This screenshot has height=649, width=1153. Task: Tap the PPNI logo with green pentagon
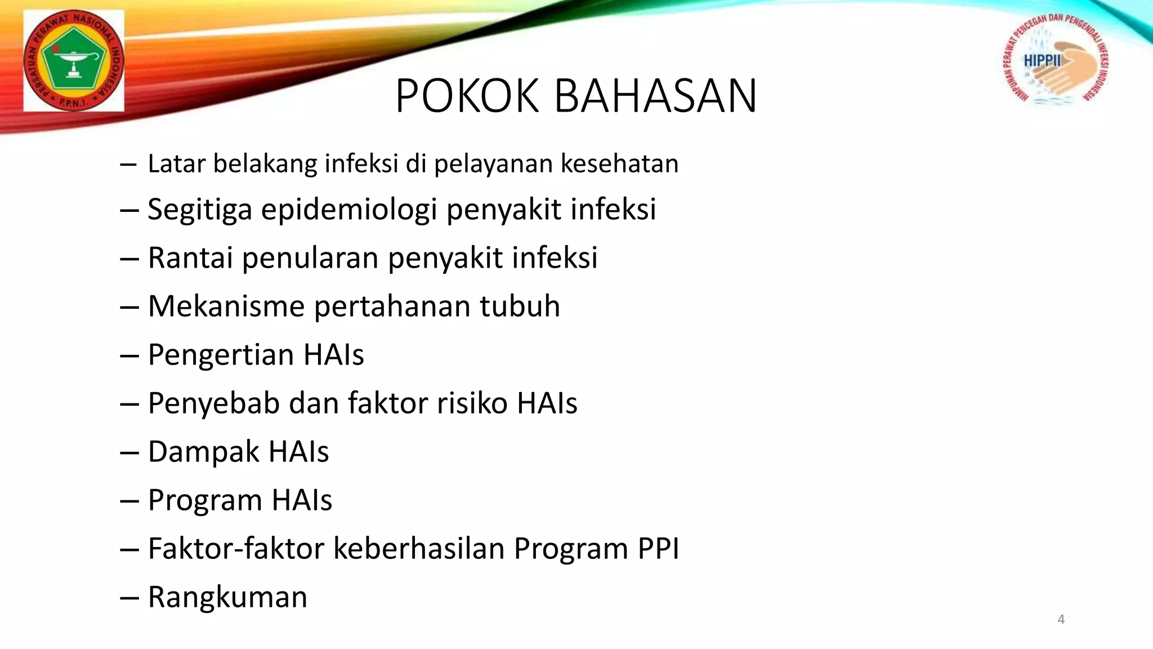pos(74,61)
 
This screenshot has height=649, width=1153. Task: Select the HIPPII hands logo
pos(1056,60)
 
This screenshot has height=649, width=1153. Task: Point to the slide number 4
pos(1061,619)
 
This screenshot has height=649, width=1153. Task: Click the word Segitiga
pos(200,210)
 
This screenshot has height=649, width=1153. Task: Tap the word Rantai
pos(190,257)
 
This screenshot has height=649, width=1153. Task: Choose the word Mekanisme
pos(226,306)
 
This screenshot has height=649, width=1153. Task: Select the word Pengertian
pos(221,355)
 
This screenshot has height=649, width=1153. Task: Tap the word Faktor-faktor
pos(236,548)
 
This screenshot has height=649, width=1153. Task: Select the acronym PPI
pos(658,548)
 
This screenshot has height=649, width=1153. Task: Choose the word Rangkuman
pos(227,597)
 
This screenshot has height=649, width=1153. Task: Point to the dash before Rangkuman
pos(129,598)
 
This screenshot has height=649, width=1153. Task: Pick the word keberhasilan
pos(419,548)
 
